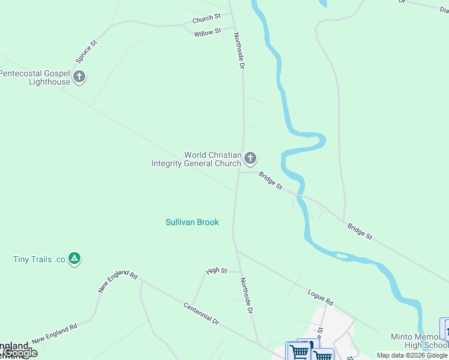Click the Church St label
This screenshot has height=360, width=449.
tap(206, 19)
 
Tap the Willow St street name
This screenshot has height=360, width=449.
tap(208, 32)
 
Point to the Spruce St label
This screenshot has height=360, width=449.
tap(86, 52)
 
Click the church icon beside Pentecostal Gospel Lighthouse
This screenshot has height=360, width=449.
tap(79, 76)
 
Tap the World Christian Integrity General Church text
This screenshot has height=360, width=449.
tap(196, 159)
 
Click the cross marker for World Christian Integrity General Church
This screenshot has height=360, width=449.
tap(250, 158)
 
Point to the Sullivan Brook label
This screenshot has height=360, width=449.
tap(192, 222)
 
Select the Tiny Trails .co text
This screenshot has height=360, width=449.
tap(39, 260)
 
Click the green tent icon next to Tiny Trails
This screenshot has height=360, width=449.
tap(74, 259)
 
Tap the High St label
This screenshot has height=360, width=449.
tap(216, 271)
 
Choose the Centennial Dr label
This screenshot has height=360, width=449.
tap(200, 313)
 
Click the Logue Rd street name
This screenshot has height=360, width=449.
tap(320, 296)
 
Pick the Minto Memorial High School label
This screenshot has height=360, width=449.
tap(418, 340)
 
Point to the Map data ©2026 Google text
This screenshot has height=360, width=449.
tap(412, 356)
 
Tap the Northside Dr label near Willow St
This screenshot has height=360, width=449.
tap(239, 50)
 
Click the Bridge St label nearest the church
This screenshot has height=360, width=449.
tap(270, 181)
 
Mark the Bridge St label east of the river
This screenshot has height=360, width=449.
tap(360, 232)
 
